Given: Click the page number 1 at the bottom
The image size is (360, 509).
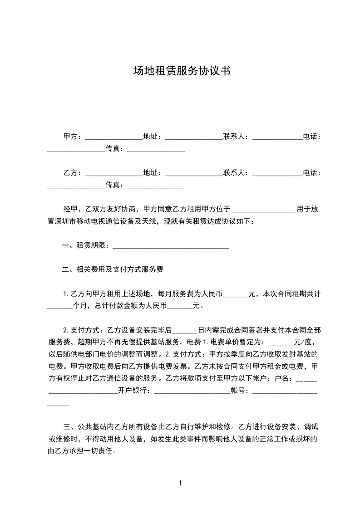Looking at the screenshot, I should coord(180,483).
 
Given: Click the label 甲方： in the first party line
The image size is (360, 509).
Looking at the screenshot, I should coord(73,136).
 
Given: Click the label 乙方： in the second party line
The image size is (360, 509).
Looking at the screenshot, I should coord(73,173).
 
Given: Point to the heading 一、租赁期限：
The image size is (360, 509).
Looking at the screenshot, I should coord(86,246).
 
